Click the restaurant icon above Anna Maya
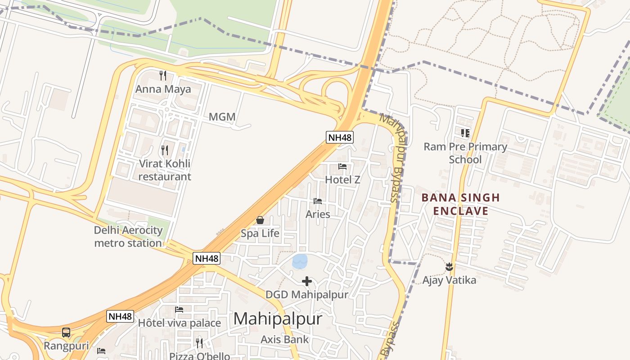point(163,76)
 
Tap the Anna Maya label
point(163,89)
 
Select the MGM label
point(222,117)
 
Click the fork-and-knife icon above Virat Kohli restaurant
point(165,150)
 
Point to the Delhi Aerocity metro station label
point(128,237)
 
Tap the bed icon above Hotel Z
point(342,166)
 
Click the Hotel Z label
point(343,180)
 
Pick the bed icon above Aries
point(318,201)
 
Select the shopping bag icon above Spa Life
point(260,220)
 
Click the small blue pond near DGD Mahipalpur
point(300,261)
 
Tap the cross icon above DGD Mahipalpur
point(307,282)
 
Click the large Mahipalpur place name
point(278,319)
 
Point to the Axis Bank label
point(285,339)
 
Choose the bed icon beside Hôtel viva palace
point(179,310)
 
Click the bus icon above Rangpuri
point(66,333)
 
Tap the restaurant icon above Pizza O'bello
point(199,343)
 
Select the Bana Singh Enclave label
point(454,204)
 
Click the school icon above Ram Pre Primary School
point(465,133)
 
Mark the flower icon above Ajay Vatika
point(449,267)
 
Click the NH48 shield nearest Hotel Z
point(340,137)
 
